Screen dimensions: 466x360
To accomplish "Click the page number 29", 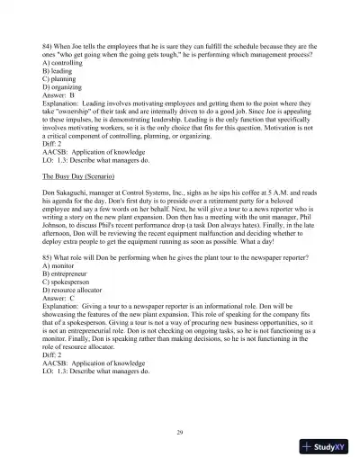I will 180,434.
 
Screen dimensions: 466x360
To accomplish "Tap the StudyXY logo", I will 326,447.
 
